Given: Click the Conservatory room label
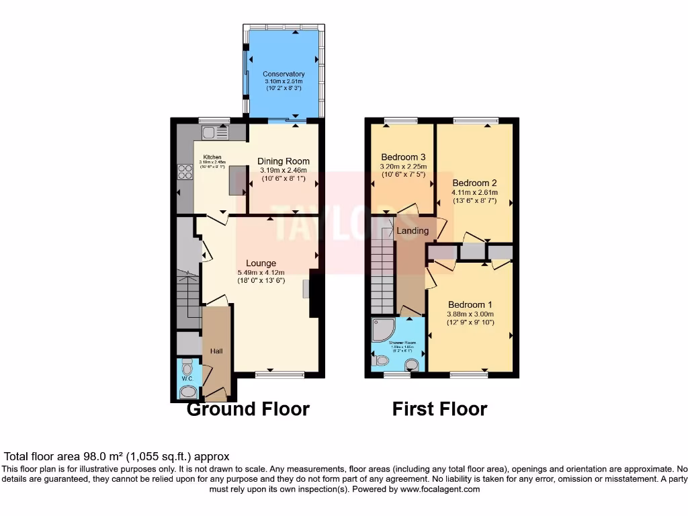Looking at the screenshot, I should point(284,74).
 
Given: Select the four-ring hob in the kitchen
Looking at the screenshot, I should point(185,173).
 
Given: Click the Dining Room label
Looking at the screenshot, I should point(284,161).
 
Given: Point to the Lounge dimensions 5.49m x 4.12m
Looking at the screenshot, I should point(261,272).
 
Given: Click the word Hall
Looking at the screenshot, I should point(216,351).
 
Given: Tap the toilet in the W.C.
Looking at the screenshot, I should point(187,369).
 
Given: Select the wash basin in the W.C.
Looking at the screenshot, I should point(189,391).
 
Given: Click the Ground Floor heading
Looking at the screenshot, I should point(248,409).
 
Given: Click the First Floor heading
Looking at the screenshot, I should point(439,409).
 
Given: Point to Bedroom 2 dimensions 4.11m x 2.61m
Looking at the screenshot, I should point(474,191).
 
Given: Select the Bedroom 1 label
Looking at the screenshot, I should point(470,304).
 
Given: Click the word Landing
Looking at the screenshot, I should point(413,231).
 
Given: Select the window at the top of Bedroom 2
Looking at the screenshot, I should point(471,120).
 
